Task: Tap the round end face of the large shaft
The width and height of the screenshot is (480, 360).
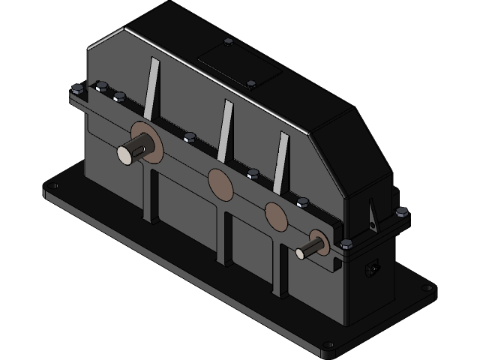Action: [124, 154]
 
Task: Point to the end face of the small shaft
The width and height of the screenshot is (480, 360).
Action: [301, 253]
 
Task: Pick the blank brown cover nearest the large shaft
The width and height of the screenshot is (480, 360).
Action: [220, 184]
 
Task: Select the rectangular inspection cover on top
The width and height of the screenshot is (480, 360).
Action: [239, 64]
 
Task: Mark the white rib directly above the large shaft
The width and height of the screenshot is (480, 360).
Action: [152, 88]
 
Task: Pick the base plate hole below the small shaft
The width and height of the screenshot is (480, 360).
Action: [328, 346]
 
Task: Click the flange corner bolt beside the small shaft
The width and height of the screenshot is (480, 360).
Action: [346, 244]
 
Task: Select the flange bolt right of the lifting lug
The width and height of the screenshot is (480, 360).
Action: [402, 214]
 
